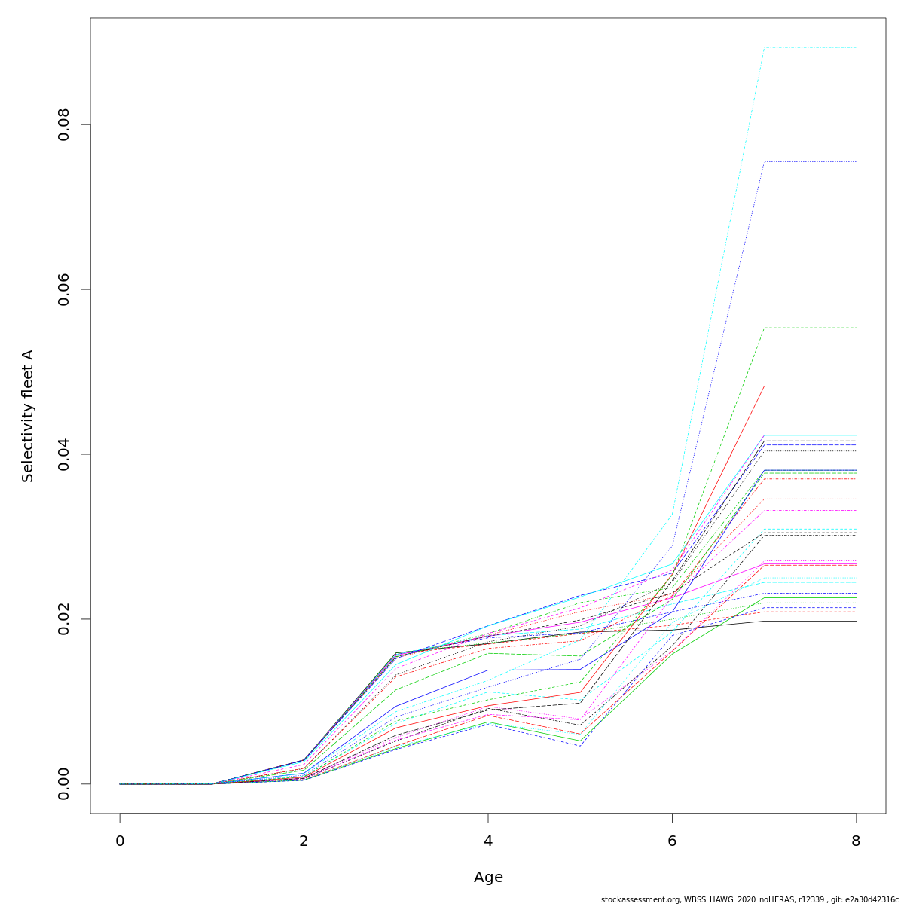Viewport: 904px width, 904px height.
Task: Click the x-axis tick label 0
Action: pos(120,841)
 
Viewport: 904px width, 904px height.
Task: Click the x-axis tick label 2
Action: pos(304,841)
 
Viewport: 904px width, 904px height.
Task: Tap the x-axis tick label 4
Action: pos(488,841)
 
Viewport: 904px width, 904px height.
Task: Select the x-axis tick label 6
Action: pos(672,841)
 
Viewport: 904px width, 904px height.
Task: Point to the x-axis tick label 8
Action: pos(856,841)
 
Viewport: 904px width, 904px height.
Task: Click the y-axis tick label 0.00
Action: pos(64,783)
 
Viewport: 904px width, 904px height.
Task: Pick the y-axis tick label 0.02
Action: pos(64,618)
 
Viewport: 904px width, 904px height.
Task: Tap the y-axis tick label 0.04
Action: pos(64,454)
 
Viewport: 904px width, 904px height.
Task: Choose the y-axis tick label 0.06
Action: pos(64,289)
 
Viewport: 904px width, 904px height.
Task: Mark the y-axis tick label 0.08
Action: pos(64,124)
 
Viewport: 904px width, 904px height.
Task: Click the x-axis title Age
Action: pos(488,878)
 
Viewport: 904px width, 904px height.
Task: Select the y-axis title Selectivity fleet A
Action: pos(28,416)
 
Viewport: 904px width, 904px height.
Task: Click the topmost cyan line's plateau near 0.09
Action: pos(810,47)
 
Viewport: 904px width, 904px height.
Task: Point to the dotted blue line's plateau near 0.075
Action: pos(810,161)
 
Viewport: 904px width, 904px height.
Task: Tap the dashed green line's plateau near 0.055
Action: pos(810,328)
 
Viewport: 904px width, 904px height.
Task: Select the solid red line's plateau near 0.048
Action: pos(810,386)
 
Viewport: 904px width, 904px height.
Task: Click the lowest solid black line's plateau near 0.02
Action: pos(810,621)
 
